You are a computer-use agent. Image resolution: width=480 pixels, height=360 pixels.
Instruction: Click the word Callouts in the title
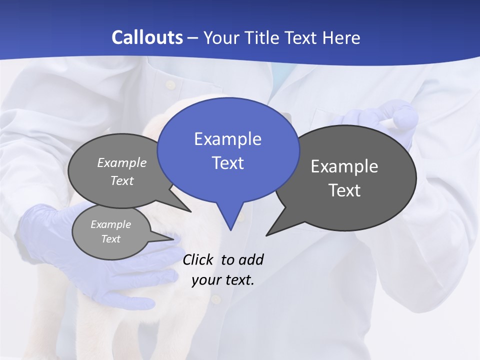[x=147, y=37]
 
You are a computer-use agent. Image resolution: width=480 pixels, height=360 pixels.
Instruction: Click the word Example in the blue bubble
[x=227, y=139]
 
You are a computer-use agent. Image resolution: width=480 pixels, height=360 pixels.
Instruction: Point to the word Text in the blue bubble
[x=228, y=163]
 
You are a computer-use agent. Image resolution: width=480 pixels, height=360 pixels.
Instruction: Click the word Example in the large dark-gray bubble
[x=344, y=166]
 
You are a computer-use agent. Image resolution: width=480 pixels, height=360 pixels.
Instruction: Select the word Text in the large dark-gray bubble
[x=344, y=190]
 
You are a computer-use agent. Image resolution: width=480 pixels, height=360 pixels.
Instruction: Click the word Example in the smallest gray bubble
[x=111, y=224]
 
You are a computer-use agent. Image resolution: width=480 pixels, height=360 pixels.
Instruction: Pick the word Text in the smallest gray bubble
[x=111, y=239]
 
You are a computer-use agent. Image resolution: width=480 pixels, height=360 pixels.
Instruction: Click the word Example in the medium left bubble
[x=122, y=163]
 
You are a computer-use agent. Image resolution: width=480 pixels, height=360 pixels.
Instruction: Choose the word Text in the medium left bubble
[x=122, y=180]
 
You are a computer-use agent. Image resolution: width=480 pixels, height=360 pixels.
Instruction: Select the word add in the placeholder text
[x=251, y=260]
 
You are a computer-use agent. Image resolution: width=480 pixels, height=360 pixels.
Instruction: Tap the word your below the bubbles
[x=206, y=280]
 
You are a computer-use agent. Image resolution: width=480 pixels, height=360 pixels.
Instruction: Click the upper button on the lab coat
[x=171, y=85]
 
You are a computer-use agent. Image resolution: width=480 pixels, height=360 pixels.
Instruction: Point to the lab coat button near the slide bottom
[x=216, y=299]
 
